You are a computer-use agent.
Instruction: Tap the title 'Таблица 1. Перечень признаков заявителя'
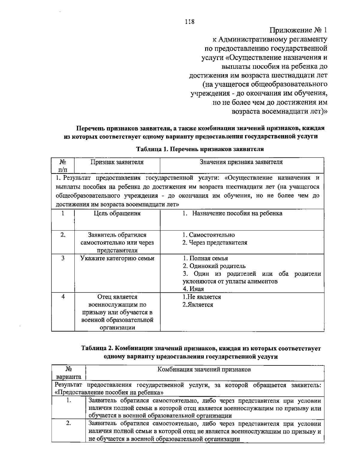[x=200, y=149]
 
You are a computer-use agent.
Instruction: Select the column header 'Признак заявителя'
[x=117, y=162]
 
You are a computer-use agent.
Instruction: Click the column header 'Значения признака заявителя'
[x=241, y=162]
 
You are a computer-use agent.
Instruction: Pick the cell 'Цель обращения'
[x=117, y=213]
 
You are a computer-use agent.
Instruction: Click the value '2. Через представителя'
[x=215, y=243]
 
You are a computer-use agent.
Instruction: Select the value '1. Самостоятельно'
[x=208, y=235]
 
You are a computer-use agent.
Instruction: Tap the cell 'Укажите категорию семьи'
[x=117, y=258]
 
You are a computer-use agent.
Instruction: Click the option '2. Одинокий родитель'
[x=214, y=266]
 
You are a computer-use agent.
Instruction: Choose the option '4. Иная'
[x=193, y=289]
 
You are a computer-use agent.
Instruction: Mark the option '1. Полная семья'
[x=205, y=258]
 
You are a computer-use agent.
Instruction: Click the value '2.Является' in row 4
[x=198, y=305]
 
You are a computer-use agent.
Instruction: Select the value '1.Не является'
[x=202, y=297]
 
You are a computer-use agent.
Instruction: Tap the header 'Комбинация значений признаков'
[x=204, y=370]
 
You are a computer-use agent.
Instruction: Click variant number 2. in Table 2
[x=68, y=423]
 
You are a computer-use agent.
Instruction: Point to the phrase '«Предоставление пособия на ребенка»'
[x=109, y=392]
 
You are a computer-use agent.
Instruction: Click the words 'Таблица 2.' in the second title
[x=97, y=349]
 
